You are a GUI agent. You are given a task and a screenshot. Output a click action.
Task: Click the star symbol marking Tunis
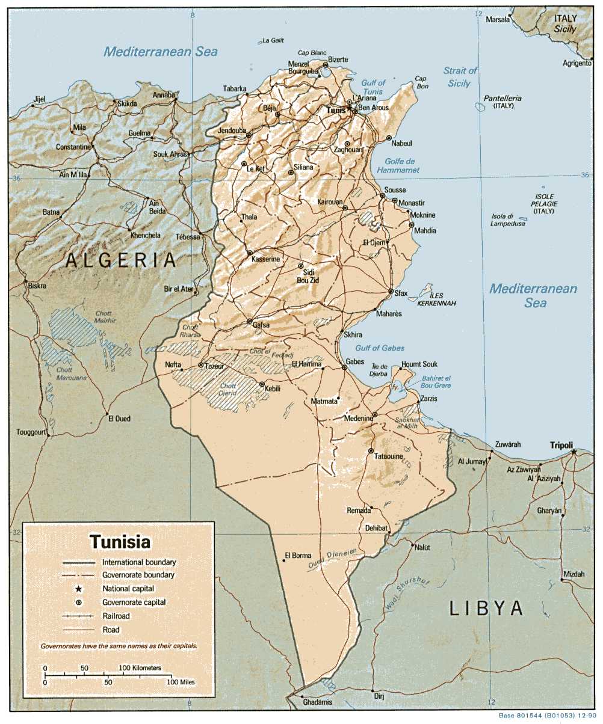pos(350,108)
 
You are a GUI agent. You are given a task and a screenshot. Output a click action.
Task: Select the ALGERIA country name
pos(121,260)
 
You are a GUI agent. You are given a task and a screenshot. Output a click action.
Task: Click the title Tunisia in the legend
pos(120,541)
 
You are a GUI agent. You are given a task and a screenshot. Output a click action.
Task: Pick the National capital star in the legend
pos(79,589)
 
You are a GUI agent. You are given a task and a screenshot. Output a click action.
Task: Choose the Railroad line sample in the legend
pos(79,616)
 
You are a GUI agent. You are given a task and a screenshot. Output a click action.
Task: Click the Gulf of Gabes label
pos(380,348)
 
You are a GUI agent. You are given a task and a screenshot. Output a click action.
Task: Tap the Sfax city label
pos(401,293)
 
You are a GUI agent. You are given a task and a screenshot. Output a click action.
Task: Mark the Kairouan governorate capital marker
pos(345,208)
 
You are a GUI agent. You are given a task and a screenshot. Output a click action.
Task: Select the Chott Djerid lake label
pos(228,389)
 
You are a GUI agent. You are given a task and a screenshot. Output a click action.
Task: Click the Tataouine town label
pos(388,457)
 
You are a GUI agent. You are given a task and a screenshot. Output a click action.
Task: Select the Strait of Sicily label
pos(460,77)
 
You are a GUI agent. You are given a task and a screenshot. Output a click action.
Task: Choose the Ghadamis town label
pos(317,702)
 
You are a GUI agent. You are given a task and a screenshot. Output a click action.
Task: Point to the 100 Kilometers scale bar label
pos(140,668)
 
